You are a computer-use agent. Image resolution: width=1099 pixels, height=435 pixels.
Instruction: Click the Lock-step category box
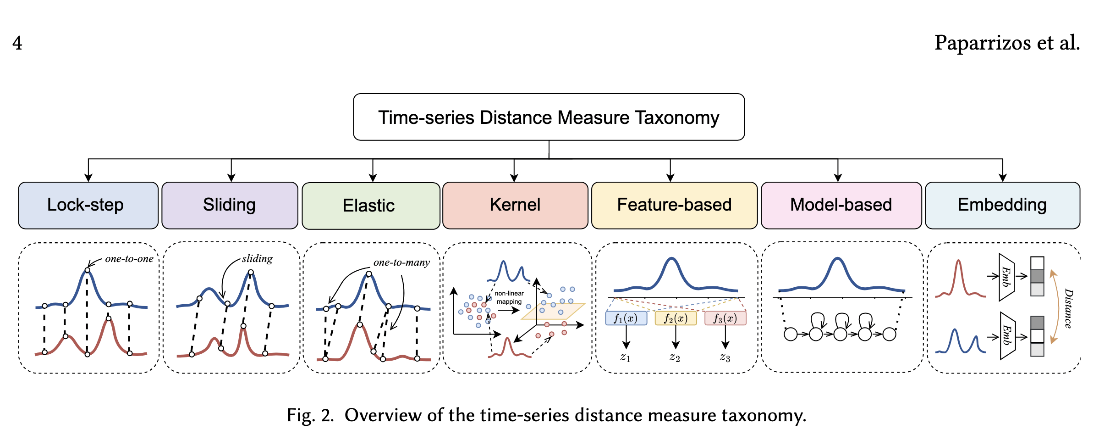click(88, 205)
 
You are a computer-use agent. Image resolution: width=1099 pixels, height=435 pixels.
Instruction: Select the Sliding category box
click(230, 205)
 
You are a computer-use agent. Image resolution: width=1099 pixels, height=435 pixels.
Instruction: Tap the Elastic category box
click(371, 206)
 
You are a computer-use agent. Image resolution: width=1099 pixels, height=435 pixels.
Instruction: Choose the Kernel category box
click(515, 205)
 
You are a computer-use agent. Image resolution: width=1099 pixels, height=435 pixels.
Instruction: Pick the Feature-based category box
click(674, 205)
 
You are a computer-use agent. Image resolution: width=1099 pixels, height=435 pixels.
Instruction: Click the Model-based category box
click(841, 205)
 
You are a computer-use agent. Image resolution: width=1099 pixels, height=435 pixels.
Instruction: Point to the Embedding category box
click(1002, 205)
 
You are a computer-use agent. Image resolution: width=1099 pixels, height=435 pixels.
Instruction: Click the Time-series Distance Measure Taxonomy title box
click(549, 117)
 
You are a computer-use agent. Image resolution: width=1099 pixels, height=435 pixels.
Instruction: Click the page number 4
click(17, 43)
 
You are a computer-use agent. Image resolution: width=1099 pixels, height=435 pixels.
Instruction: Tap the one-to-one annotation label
click(129, 259)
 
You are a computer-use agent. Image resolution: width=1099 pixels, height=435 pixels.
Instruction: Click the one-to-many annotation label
click(401, 262)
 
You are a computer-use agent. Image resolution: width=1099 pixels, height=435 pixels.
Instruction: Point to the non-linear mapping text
click(509, 297)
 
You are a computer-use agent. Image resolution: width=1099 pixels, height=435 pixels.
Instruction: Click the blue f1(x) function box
click(626, 318)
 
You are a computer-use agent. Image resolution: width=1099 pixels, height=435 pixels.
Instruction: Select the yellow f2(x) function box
click(676, 318)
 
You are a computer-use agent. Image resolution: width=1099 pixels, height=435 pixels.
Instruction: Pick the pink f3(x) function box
click(725, 318)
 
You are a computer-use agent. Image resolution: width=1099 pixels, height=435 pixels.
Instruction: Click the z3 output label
click(725, 357)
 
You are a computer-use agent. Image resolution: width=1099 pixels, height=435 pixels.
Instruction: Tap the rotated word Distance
click(1068, 308)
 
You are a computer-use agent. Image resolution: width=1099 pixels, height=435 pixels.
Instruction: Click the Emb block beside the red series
click(1006, 277)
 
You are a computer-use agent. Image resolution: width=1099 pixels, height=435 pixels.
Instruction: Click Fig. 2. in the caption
click(310, 415)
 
